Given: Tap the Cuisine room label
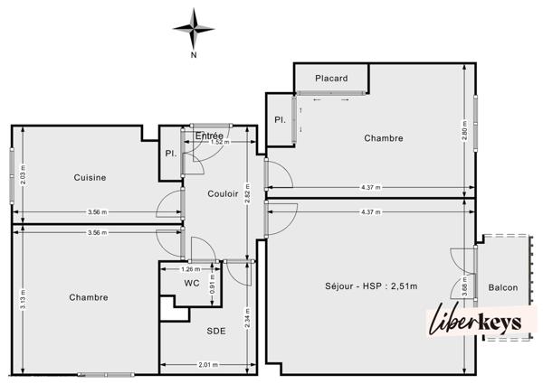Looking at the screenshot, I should pos(90,177).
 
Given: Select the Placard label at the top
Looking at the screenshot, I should pos(331,79).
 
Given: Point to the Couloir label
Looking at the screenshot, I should pos(223,193).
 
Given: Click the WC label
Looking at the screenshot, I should pos(191,284).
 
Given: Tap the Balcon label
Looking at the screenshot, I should pos(503,287).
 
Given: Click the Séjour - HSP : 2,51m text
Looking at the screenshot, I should pos(371,286).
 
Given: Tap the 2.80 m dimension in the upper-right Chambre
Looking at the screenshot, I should pos(464,131).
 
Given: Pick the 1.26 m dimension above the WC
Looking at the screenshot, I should pos(190,268).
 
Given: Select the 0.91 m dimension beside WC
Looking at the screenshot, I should pos(213,282).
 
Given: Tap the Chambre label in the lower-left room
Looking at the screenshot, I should pos(89,297).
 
